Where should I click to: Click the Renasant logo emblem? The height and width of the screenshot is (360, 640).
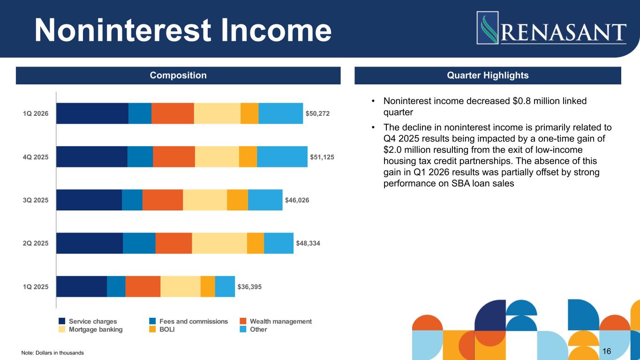click(x=488, y=28)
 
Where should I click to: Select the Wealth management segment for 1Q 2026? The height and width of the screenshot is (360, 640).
click(x=173, y=113)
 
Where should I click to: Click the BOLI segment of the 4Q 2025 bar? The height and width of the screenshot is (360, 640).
click(x=248, y=157)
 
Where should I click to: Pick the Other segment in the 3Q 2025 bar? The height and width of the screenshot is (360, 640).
click(x=265, y=200)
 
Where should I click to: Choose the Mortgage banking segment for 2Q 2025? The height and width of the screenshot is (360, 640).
click(x=219, y=243)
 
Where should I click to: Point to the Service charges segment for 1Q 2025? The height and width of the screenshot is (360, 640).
click(x=82, y=286)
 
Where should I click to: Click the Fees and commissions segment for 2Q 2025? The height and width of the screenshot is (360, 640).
click(x=139, y=243)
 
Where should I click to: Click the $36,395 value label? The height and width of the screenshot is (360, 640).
click(x=249, y=286)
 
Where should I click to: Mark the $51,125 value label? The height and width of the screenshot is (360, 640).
click(x=322, y=157)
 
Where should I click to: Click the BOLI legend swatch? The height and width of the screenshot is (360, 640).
click(x=152, y=330)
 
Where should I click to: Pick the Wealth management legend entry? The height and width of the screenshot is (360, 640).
click(x=280, y=322)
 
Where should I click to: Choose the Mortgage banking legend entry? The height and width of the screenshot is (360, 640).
click(x=95, y=330)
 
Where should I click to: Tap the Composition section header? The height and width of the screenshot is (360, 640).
click(x=178, y=75)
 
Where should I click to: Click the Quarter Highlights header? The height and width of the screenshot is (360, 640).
click(x=488, y=75)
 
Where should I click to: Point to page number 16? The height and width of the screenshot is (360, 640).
click(x=607, y=351)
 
